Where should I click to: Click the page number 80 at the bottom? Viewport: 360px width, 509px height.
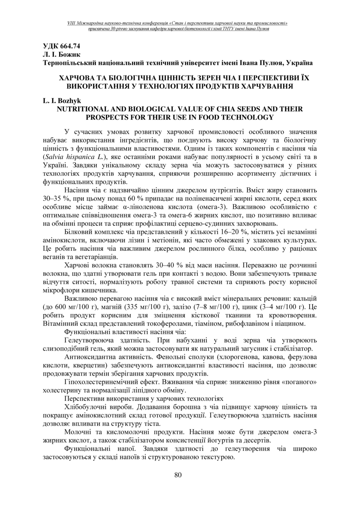[178, 475]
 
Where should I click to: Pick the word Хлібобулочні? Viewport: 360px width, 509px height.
[84, 407]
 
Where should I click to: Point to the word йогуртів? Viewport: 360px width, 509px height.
[221, 440]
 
